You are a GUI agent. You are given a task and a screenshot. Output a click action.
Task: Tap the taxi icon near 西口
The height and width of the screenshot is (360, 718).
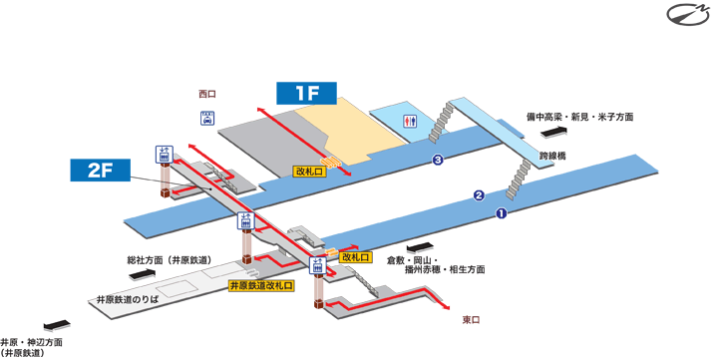click(x=207, y=118)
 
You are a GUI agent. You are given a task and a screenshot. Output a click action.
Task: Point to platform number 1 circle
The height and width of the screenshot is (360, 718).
click(x=502, y=213)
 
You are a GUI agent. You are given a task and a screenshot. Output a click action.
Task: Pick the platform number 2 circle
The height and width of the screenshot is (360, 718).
click(x=478, y=194)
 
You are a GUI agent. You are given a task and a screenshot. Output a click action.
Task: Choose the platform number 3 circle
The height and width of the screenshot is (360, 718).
click(x=437, y=161)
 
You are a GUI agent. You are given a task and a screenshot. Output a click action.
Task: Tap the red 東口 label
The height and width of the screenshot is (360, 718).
click(x=472, y=320)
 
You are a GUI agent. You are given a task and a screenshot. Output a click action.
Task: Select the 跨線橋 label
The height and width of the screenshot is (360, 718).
click(x=551, y=157)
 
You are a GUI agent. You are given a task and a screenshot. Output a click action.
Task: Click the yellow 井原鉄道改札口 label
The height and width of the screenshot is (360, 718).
click(x=261, y=286)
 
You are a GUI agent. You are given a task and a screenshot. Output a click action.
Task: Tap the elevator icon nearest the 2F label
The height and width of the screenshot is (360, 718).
click(x=163, y=154)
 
